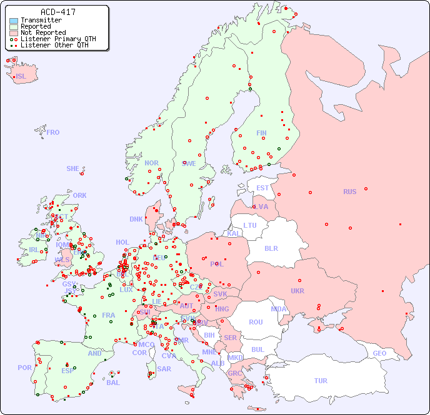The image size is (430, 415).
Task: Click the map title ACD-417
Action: click(59, 12)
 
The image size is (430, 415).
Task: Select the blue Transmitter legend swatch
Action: click(13, 21)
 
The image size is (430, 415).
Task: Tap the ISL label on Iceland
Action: click(21, 77)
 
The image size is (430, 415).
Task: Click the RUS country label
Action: click(349, 192)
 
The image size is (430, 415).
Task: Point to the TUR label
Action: click(321, 381)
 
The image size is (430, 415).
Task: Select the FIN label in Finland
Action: click(261, 133)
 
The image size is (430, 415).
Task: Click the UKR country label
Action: click(297, 291)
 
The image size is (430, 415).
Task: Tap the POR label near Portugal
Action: click(24, 368)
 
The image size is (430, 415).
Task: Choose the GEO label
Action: click(379, 353)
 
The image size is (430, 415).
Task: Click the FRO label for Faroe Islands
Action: click(53, 132)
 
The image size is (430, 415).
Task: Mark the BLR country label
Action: click(271, 248)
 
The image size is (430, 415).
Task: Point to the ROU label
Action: click(256, 322)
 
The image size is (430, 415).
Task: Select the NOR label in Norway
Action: click(151, 163)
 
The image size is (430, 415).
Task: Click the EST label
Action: click(262, 188)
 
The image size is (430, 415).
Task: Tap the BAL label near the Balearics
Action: click(113, 383)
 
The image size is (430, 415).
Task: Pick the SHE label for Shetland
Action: click(73, 168)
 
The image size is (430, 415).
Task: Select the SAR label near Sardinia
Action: click(164, 368)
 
